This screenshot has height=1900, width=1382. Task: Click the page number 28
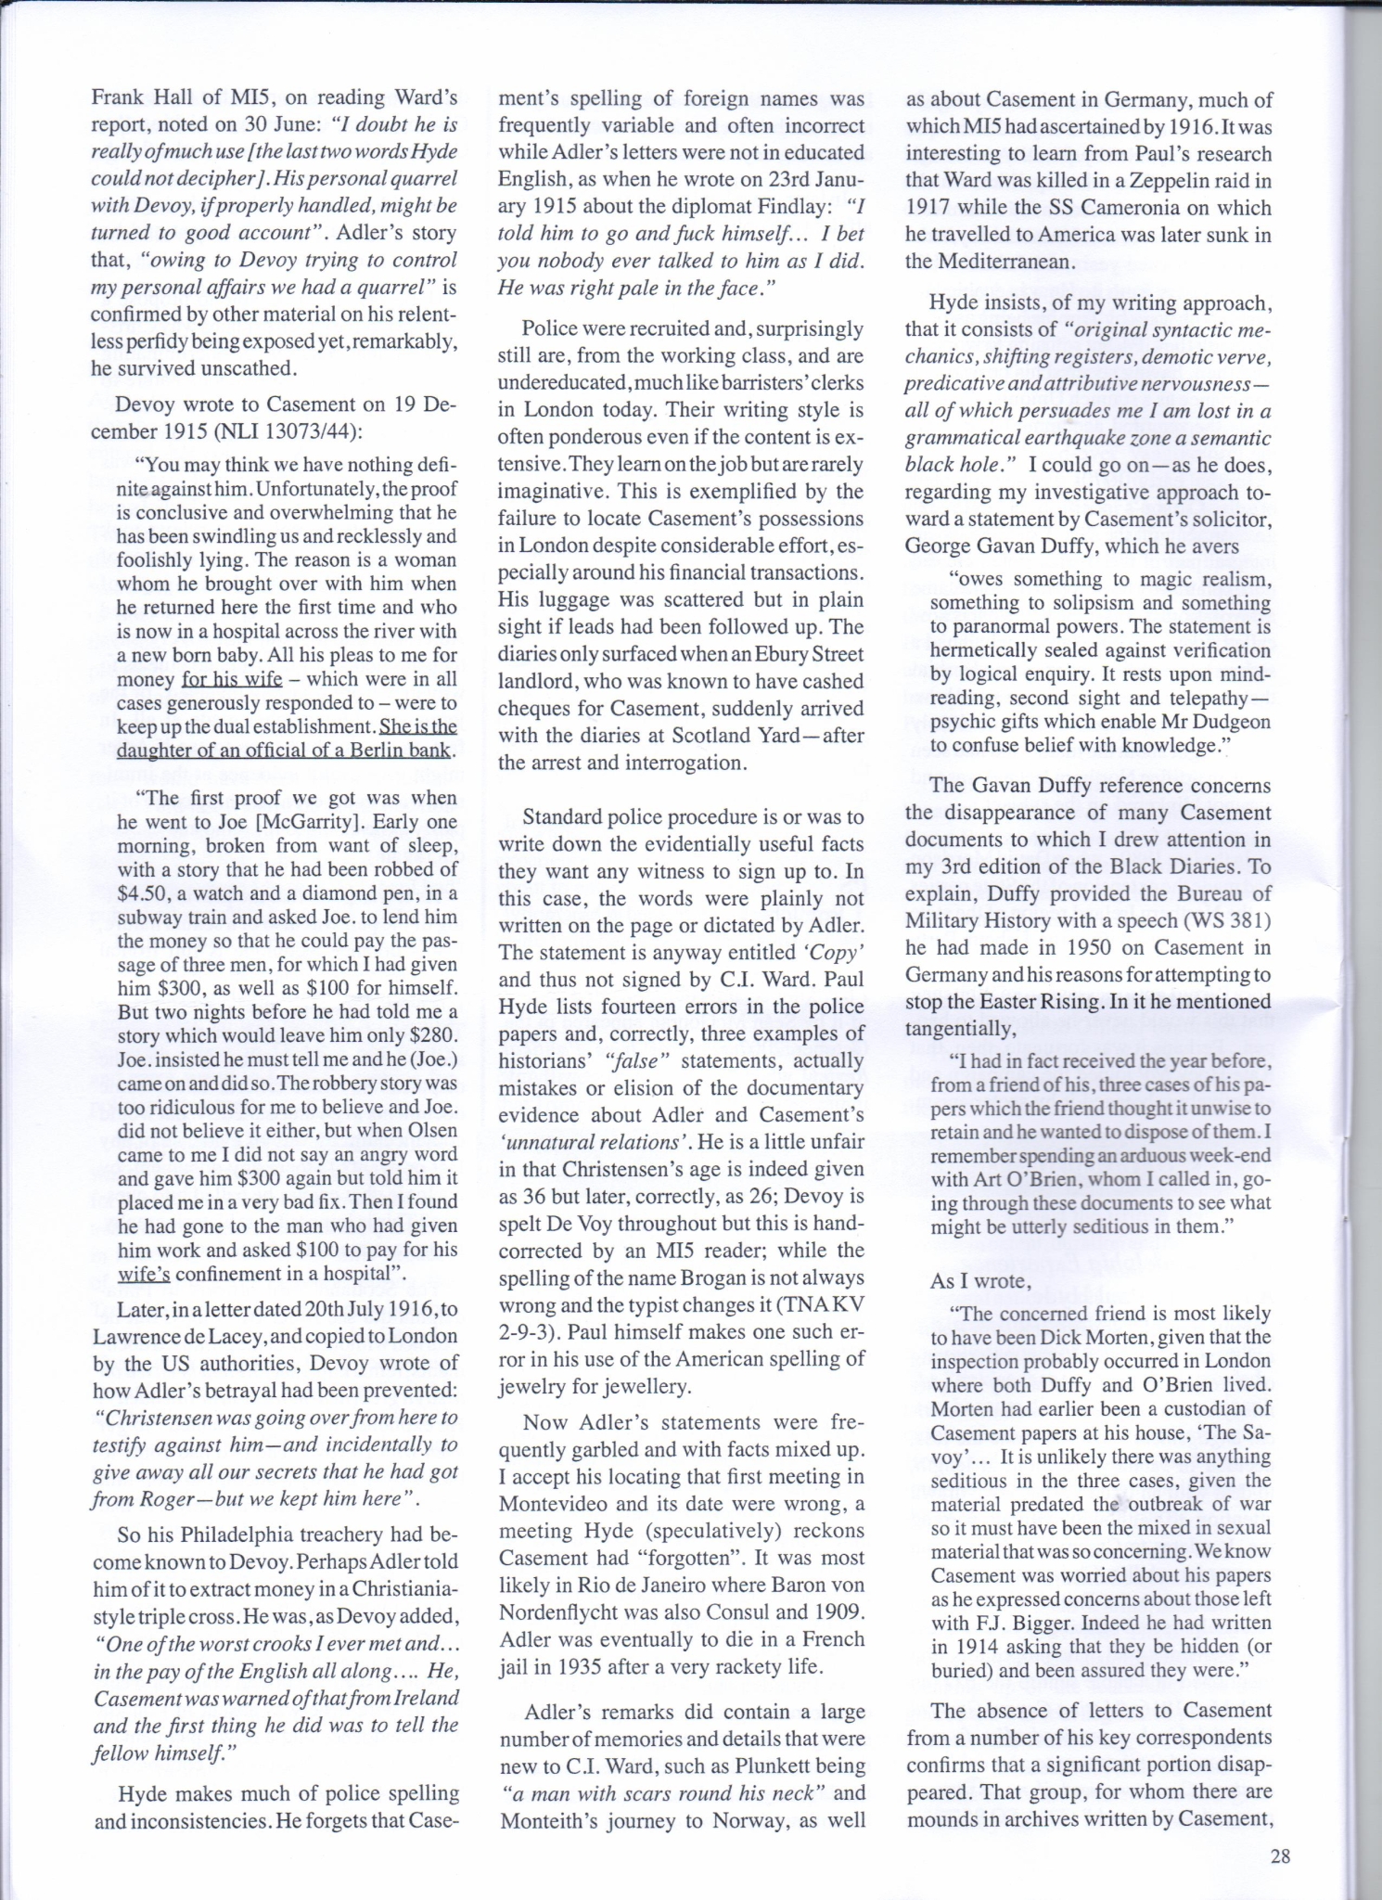tap(1280, 1856)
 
